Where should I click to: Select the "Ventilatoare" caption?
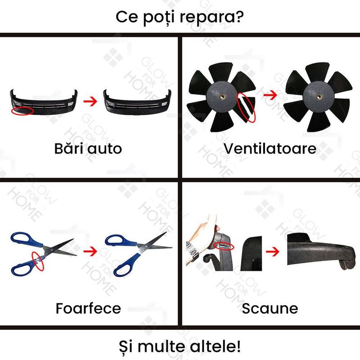click(x=270, y=148)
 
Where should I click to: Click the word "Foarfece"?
click(x=88, y=308)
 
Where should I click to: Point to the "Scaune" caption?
click(x=270, y=308)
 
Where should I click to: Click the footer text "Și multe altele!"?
click(x=180, y=346)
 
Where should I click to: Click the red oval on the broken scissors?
click(x=38, y=261)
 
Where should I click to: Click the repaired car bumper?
click(x=137, y=103)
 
